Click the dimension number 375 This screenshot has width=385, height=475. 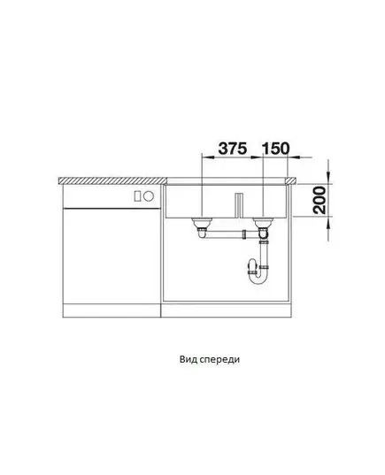coord(233,149)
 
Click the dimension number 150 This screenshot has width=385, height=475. coord(275,149)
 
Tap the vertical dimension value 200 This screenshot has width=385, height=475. coord(320,200)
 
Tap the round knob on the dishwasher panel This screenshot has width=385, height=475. coord(149,196)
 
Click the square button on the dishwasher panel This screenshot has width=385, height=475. coord(138,196)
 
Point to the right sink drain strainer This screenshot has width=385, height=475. coord(263,224)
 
